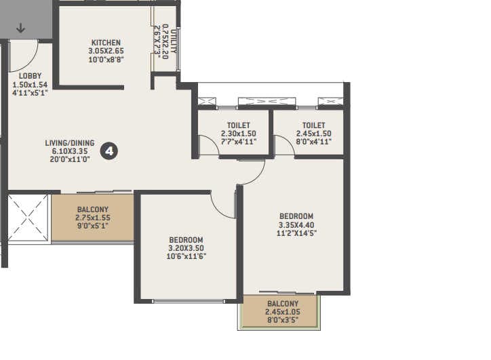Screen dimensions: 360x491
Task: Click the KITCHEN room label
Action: [x=105, y=43]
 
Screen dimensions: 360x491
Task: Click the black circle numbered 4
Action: [x=109, y=151]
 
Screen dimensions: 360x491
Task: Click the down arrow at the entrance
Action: [x=20, y=28]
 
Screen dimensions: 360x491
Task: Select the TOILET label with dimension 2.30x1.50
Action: [x=235, y=125]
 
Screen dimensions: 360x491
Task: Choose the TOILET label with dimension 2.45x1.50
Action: [x=313, y=125]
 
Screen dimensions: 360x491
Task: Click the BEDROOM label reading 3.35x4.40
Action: [x=297, y=216]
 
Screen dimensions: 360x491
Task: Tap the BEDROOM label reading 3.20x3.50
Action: [x=186, y=240]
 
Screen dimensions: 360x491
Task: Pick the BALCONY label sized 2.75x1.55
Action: [x=93, y=209]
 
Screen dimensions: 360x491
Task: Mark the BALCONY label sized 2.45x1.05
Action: [x=282, y=303]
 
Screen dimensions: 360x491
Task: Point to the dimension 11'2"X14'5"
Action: [x=297, y=233]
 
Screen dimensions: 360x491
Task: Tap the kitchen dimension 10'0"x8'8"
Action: [x=105, y=59]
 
